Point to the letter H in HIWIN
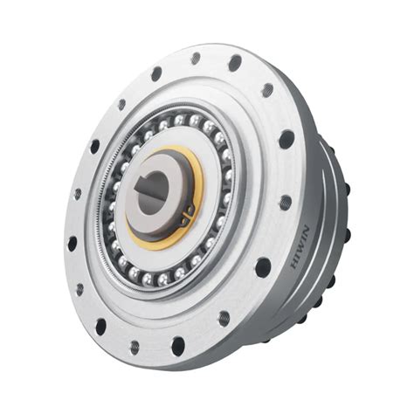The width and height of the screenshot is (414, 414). tap(295, 264)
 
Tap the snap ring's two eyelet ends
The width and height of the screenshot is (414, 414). tap(188, 216)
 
